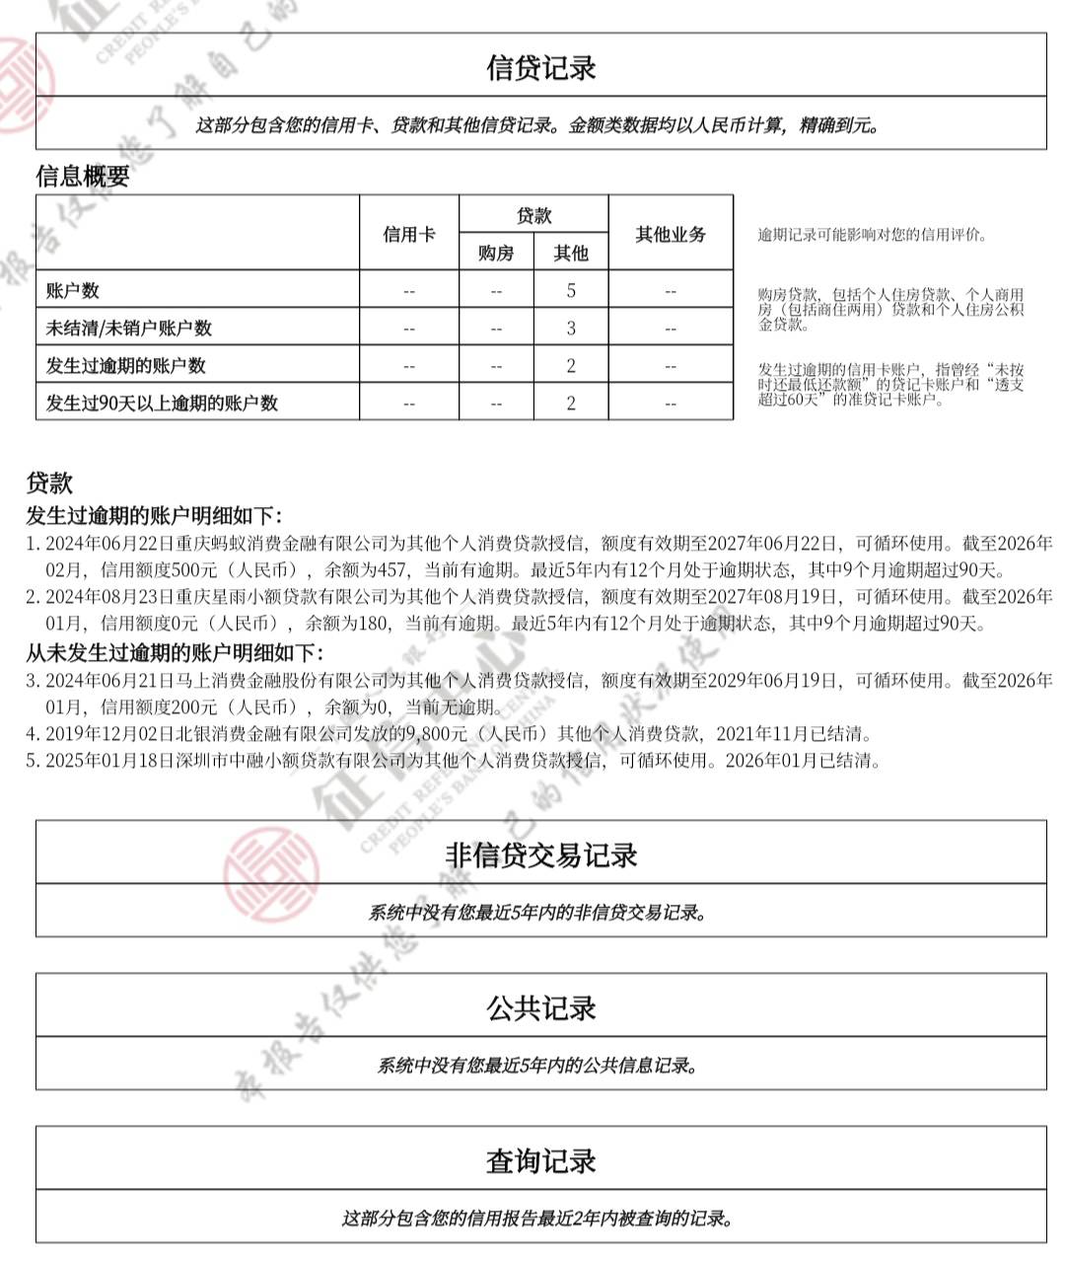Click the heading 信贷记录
(540, 67)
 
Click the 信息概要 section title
(83, 176)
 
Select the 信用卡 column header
(409, 234)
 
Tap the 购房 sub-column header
(496, 253)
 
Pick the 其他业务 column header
(671, 234)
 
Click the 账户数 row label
(73, 291)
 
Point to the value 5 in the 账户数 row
(571, 291)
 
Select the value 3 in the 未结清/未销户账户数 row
(571, 328)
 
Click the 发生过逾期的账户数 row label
(126, 365)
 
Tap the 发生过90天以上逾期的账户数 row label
(162, 403)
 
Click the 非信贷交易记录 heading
(540, 854)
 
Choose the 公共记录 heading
(540, 1007)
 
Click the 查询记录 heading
(540, 1160)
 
